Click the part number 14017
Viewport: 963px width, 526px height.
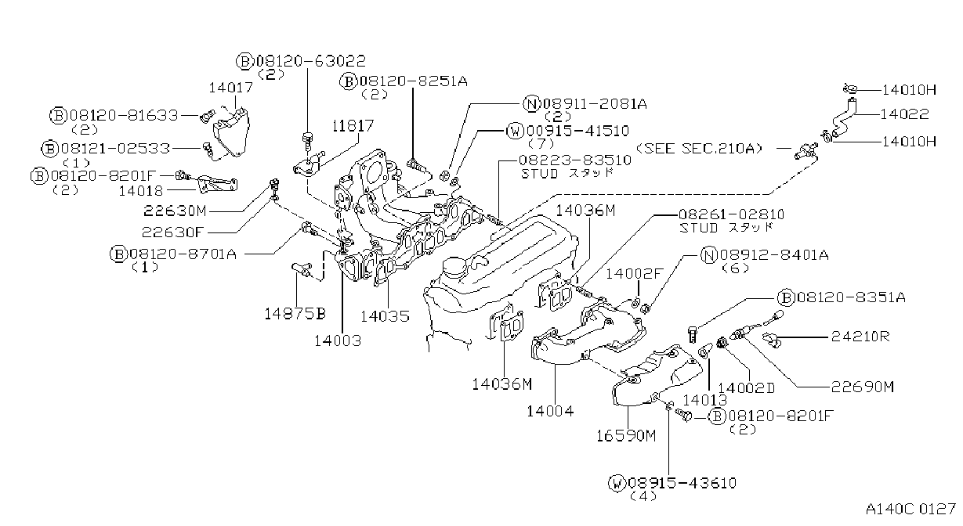tap(231, 88)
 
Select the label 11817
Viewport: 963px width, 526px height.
tap(353, 125)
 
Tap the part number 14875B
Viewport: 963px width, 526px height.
tap(295, 313)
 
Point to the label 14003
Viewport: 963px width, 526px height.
tap(338, 340)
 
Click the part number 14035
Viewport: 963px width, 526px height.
tap(385, 316)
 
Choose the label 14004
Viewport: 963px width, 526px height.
tap(550, 412)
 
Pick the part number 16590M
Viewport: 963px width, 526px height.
tap(626, 436)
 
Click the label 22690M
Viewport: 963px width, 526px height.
tap(863, 387)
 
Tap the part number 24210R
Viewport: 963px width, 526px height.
tap(860, 336)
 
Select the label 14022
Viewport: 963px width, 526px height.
tap(904, 114)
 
